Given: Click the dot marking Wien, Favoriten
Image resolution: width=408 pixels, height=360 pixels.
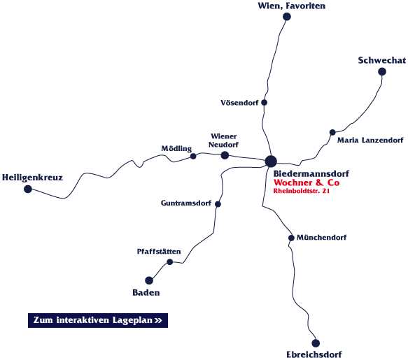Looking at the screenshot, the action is [x=286, y=17].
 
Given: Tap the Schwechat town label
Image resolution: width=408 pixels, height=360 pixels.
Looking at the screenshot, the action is [x=381, y=60].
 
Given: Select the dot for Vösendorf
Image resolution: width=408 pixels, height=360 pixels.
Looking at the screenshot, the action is [x=264, y=103].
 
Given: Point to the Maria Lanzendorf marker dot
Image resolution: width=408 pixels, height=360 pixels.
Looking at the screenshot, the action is [x=332, y=132].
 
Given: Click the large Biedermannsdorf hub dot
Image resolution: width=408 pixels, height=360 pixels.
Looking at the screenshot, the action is [x=271, y=161].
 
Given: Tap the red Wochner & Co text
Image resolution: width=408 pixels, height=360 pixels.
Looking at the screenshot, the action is [x=307, y=182].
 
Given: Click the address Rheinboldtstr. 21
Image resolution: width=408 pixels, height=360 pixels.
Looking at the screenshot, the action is [x=302, y=191].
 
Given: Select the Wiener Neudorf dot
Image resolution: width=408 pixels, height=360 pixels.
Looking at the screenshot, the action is [x=225, y=155].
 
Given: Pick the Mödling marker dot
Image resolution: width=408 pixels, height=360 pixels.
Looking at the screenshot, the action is [x=193, y=156].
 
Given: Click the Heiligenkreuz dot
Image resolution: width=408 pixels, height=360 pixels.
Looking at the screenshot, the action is [x=28, y=189].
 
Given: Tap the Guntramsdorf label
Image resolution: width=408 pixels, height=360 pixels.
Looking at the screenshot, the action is [x=186, y=203].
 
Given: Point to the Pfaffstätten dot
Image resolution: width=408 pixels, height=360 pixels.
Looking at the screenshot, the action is [x=169, y=261].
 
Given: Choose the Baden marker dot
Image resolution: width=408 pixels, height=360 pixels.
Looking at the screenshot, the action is [x=149, y=280].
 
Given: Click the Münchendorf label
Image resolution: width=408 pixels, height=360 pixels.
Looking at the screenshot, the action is [x=322, y=237].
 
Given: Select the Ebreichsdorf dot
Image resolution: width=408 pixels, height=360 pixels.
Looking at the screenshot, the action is [x=316, y=343].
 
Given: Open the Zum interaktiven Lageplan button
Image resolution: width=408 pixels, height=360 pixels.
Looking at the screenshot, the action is [x=98, y=320].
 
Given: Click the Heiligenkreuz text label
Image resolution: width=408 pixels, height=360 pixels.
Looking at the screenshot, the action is [x=32, y=178].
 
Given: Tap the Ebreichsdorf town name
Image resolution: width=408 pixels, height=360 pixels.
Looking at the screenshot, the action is [x=314, y=354].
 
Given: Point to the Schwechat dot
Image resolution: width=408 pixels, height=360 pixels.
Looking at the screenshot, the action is [x=381, y=71].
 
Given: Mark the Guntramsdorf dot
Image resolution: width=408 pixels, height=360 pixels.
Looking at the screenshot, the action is [x=218, y=204].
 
